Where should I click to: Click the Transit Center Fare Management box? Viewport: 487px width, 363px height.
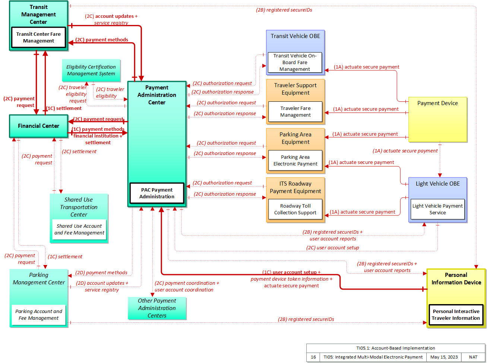(x=39, y=37)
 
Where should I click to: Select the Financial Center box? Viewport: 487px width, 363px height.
(x=39, y=126)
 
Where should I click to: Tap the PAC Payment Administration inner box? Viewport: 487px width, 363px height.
(x=157, y=193)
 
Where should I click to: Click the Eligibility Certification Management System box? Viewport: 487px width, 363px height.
(x=91, y=70)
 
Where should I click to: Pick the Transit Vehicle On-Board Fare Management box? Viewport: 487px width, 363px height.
(x=295, y=62)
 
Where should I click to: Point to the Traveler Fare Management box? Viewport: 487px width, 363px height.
(x=295, y=111)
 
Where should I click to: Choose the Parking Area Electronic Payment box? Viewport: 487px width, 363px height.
(x=295, y=160)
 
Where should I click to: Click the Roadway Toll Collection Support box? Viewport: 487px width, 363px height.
(x=295, y=209)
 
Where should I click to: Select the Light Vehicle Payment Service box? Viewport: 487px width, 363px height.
(x=437, y=209)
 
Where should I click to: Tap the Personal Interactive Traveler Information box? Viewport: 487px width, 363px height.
(x=456, y=315)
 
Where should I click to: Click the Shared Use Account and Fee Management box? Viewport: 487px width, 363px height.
(x=79, y=230)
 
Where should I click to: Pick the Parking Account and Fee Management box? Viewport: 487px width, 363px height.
(x=39, y=315)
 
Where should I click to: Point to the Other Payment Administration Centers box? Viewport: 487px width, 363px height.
(x=157, y=308)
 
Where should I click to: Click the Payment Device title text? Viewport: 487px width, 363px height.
(x=437, y=103)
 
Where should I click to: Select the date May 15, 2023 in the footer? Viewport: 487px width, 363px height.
(x=444, y=357)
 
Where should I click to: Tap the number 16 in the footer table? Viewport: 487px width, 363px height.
(x=313, y=357)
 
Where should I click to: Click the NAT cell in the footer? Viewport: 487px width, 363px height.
(x=473, y=357)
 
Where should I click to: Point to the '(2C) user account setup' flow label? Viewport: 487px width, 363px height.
(x=333, y=247)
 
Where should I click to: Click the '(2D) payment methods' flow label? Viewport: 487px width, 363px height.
(x=101, y=272)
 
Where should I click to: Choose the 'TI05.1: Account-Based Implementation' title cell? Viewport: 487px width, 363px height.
(x=396, y=348)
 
